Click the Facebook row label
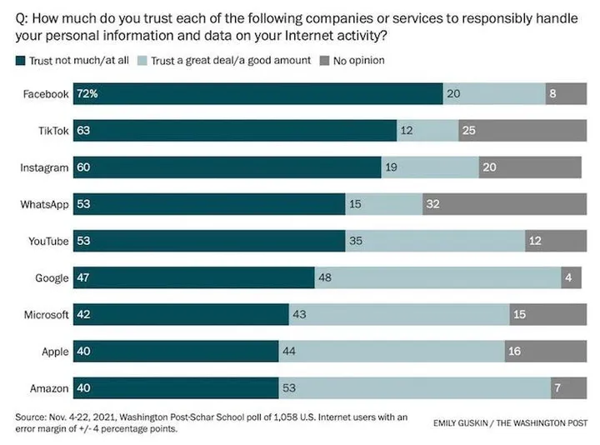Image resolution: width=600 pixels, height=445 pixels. [x=46, y=94]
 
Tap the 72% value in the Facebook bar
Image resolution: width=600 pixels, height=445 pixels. [x=87, y=94]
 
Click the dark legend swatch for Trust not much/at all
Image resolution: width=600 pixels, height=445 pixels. [x=20, y=61]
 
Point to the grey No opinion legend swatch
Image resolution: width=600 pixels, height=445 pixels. [x=325, y=61]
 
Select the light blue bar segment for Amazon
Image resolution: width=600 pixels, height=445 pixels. [x=414, y=387]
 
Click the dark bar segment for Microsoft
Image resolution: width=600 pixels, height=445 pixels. [x=181, y=314]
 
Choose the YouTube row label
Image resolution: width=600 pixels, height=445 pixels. [x=47, y=241]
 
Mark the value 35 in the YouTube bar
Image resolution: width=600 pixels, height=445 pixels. [x=357, y=241]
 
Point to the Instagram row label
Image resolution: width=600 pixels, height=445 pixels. [x=44, y=167]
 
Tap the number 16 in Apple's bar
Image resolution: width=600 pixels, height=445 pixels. [x=515, y=351]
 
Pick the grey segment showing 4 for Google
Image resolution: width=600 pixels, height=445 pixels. [x=573, y=277]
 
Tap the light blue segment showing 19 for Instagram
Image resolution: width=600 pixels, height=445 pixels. [x=430, y=167]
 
